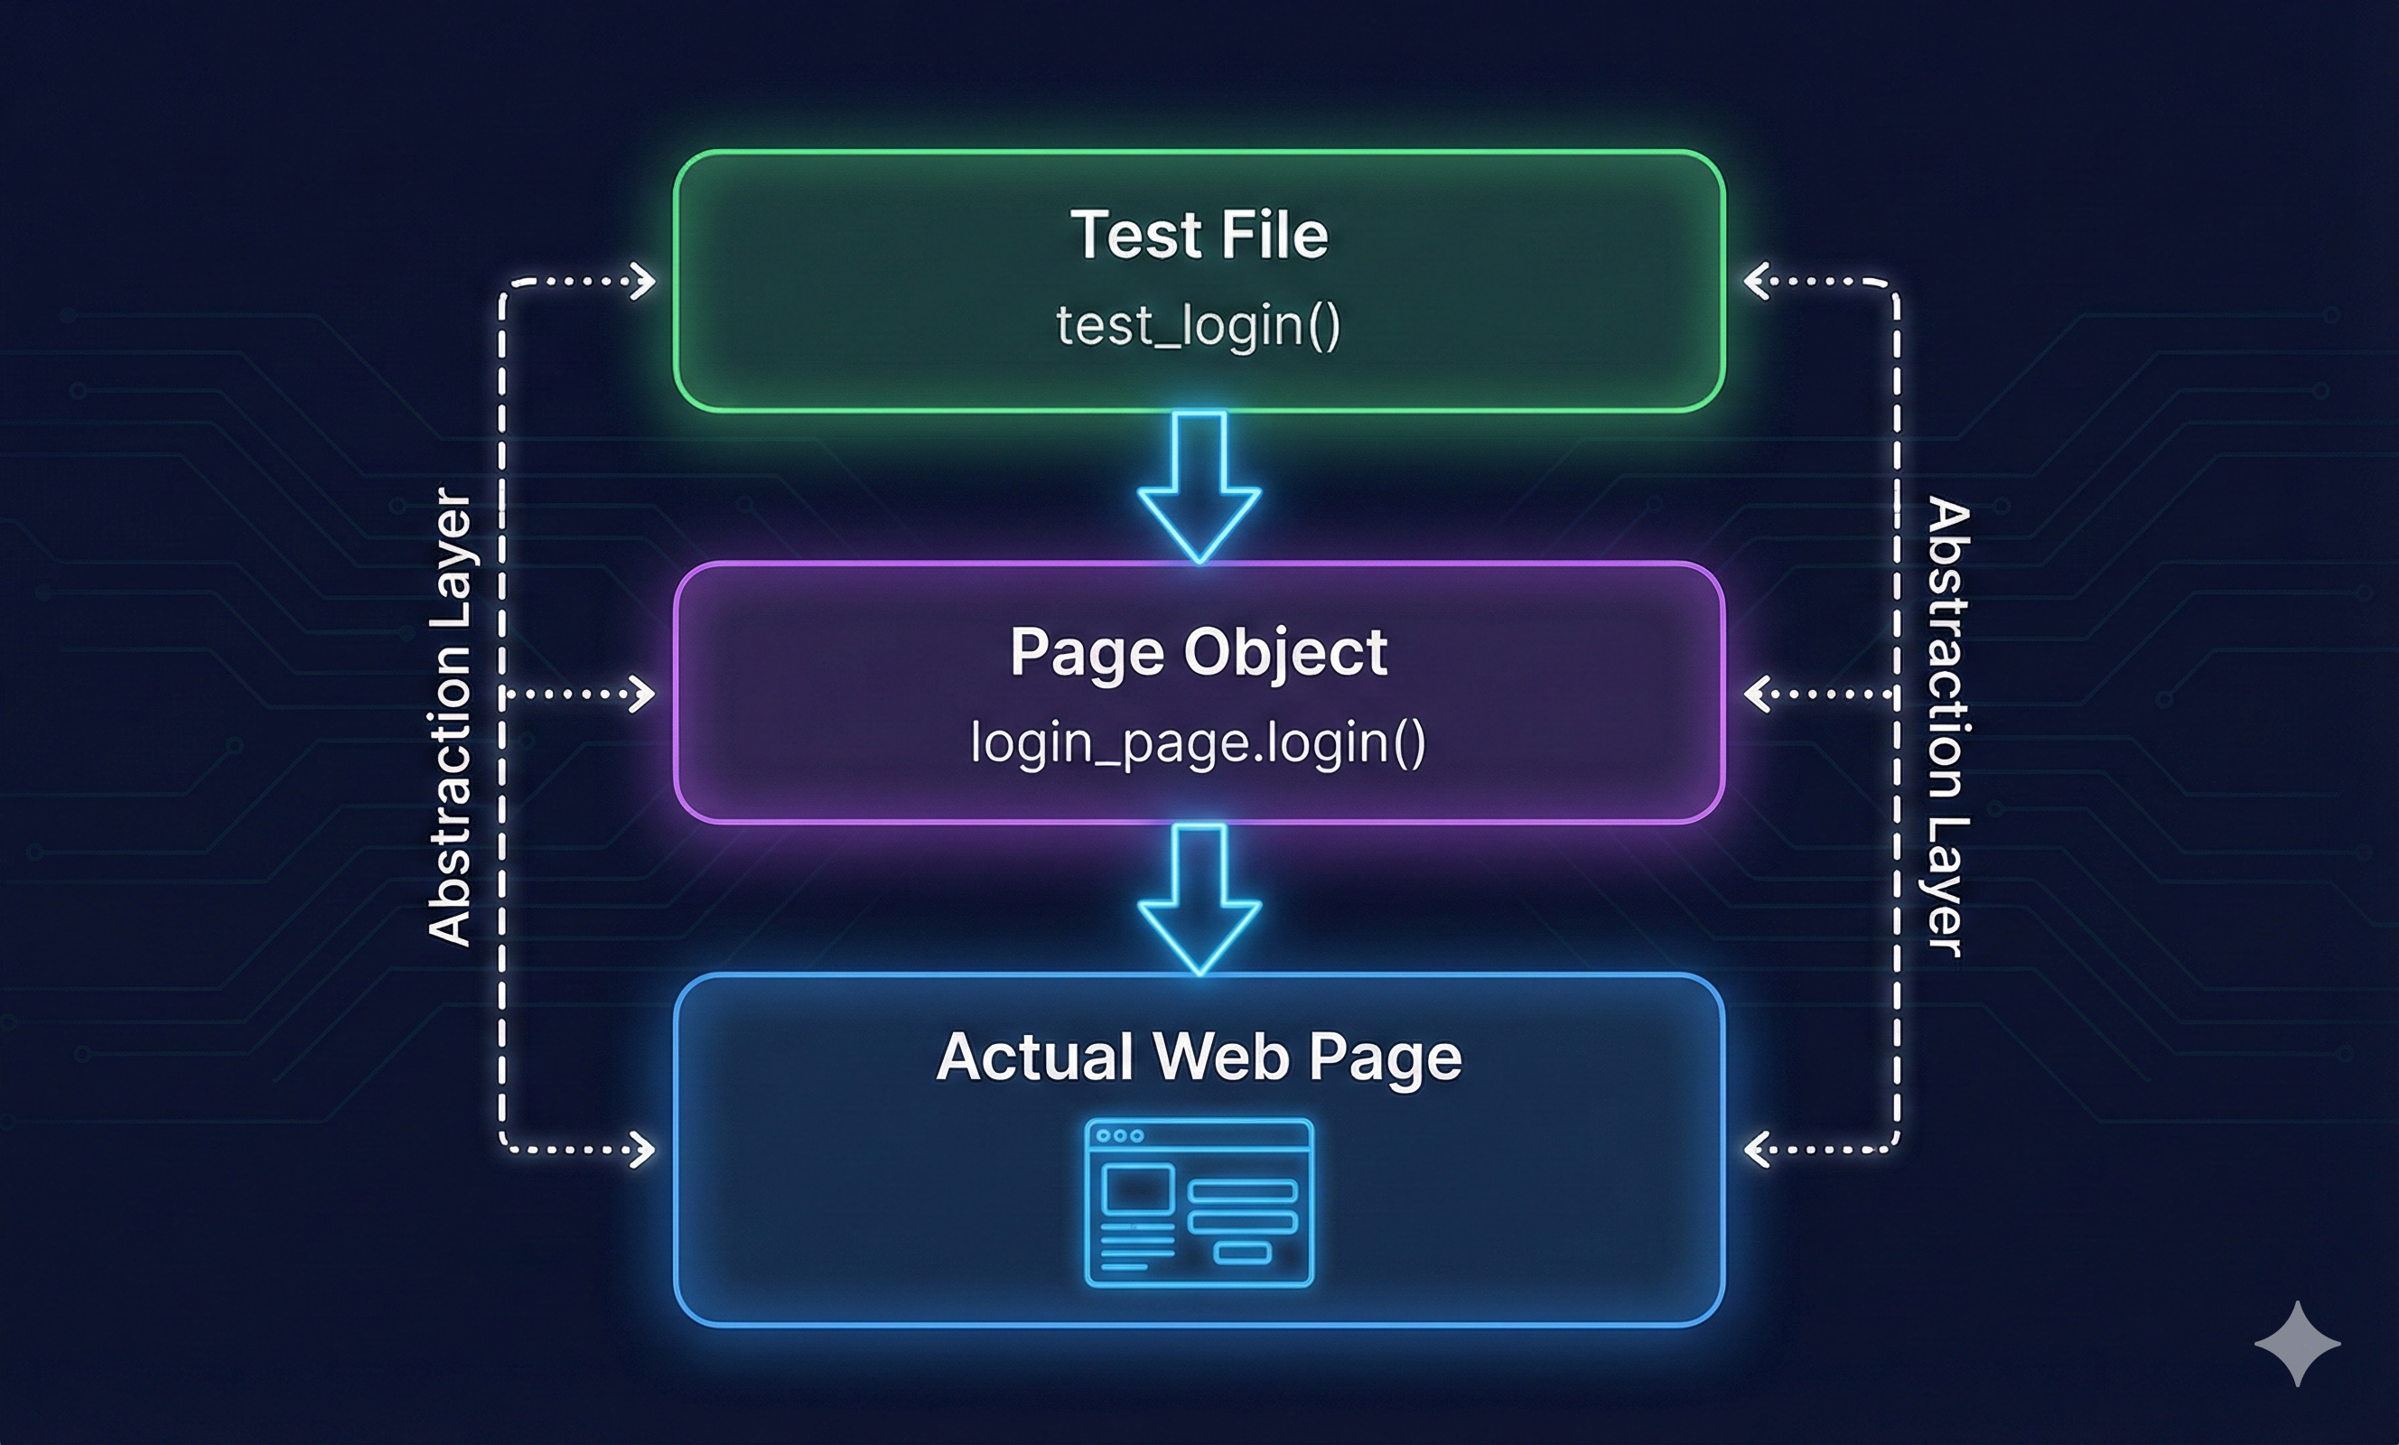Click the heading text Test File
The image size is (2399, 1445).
coord(1199,235)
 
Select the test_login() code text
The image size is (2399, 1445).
coord(1199,325)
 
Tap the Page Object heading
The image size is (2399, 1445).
coord(1199,651)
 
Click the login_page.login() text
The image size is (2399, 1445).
coord(1199,743)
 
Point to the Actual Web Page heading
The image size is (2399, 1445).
coord(1199,1057)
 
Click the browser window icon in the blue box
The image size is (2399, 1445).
coord(1199,1204)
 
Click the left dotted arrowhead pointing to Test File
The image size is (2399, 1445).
coord(644,282)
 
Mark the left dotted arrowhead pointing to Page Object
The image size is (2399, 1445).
coord(644,695)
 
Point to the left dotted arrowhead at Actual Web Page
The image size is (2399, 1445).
coord(644,1149)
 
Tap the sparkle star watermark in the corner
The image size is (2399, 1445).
coord(2297,1344)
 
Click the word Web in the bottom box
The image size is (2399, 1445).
coord(1221,1057)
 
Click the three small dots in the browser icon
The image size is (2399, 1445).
coord(1120,1135)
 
